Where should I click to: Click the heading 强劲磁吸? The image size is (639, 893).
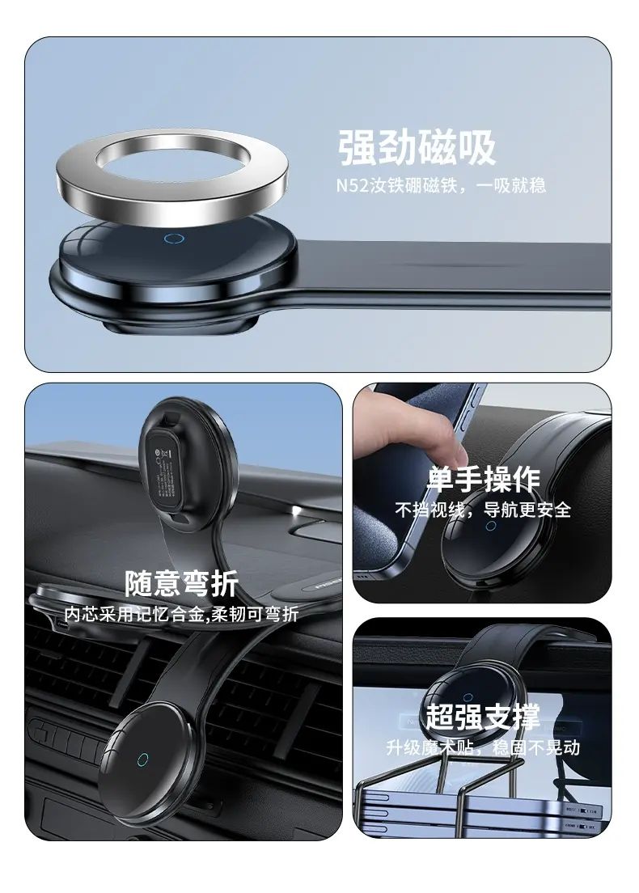point(417,147)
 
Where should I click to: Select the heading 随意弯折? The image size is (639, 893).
point(182,583)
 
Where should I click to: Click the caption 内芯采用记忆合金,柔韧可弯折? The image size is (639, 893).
point(181,614)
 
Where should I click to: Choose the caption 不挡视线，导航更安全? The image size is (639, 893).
point(483,509)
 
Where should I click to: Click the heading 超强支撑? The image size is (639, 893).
point(483,717)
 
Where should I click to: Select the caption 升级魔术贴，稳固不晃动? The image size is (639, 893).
point(483,747)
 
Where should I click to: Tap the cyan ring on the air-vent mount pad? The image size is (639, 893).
point(142,760)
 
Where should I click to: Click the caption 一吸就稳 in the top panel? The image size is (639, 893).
point(511,186)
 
